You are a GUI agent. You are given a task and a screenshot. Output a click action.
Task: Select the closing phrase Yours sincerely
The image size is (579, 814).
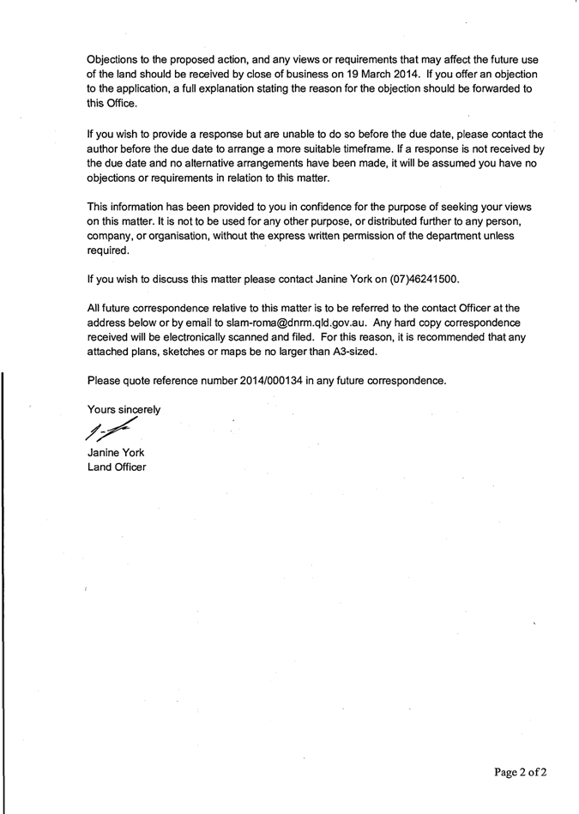point(124,409)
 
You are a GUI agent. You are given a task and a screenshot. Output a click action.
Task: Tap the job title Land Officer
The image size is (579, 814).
point(117,467)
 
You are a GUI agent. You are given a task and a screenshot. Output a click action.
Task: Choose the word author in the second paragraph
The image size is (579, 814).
point(106,148)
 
